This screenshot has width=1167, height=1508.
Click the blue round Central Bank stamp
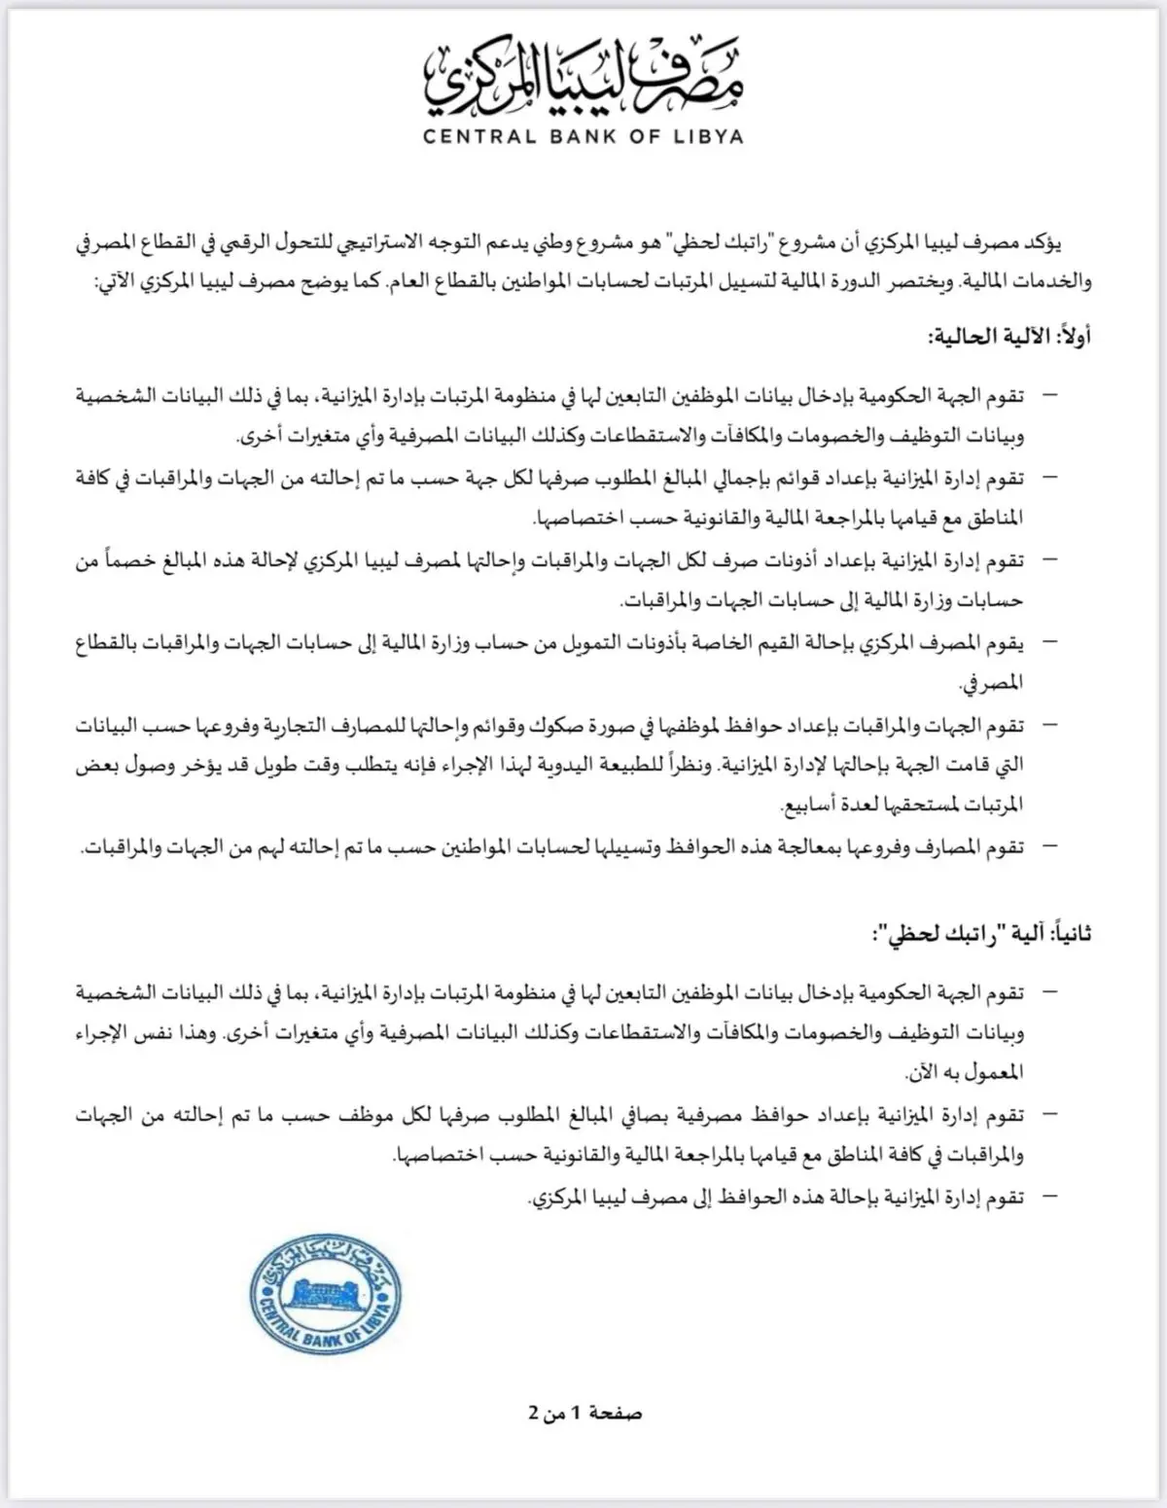click(x=325, y=1294)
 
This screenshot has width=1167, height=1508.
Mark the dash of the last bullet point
click(x=1048, y=1196)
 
